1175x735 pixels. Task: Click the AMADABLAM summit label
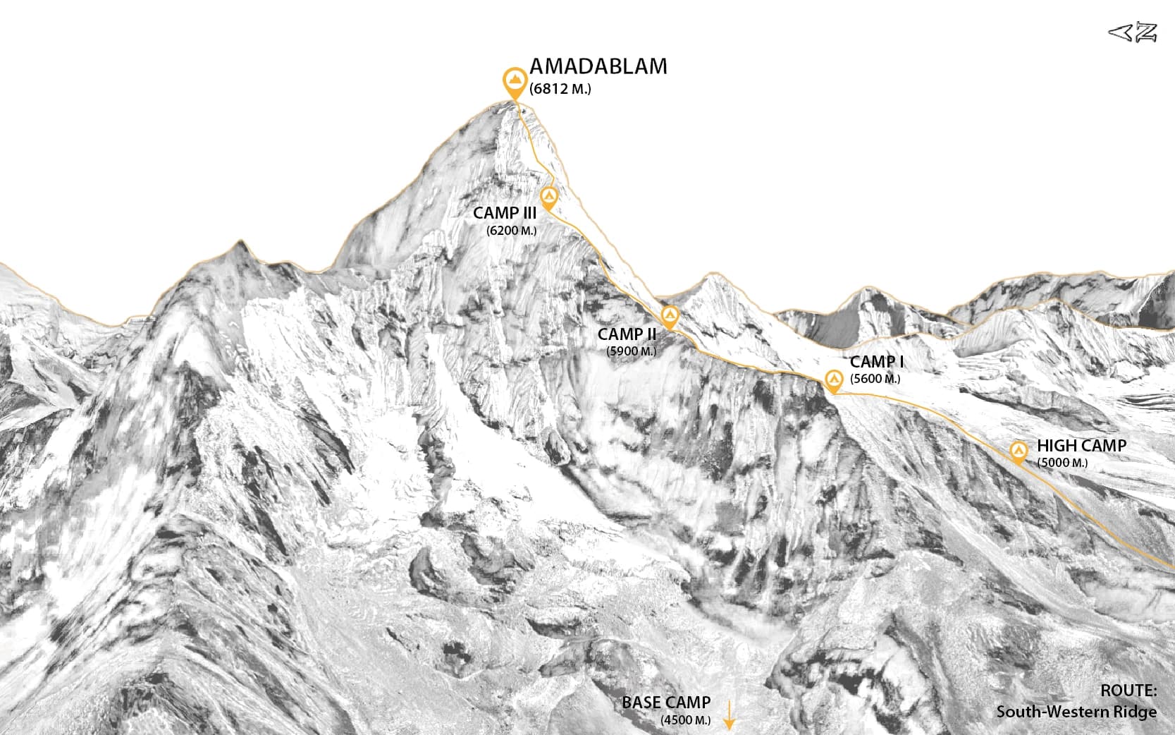point(598,66)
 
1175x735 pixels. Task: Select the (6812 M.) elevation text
point(560,90)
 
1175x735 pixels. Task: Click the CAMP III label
point(505,213)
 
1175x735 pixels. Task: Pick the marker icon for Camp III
point(548,197)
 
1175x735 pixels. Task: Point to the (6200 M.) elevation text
point(511,231)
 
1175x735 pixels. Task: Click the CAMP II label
point(627,334)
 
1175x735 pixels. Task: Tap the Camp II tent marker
point(670,317)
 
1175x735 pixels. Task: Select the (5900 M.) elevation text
point(631,351)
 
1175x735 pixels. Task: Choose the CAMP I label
point(877,362)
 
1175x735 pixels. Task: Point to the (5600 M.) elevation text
point(875,379)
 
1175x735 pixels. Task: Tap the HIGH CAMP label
point(1081,446)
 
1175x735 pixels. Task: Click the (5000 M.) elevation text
point(1062,463)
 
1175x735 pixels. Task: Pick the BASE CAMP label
point(666,703)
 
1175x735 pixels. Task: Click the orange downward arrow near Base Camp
point(730,715)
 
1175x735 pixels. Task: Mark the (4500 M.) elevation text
point(685,720)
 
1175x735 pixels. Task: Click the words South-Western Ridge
point(1076,711)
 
